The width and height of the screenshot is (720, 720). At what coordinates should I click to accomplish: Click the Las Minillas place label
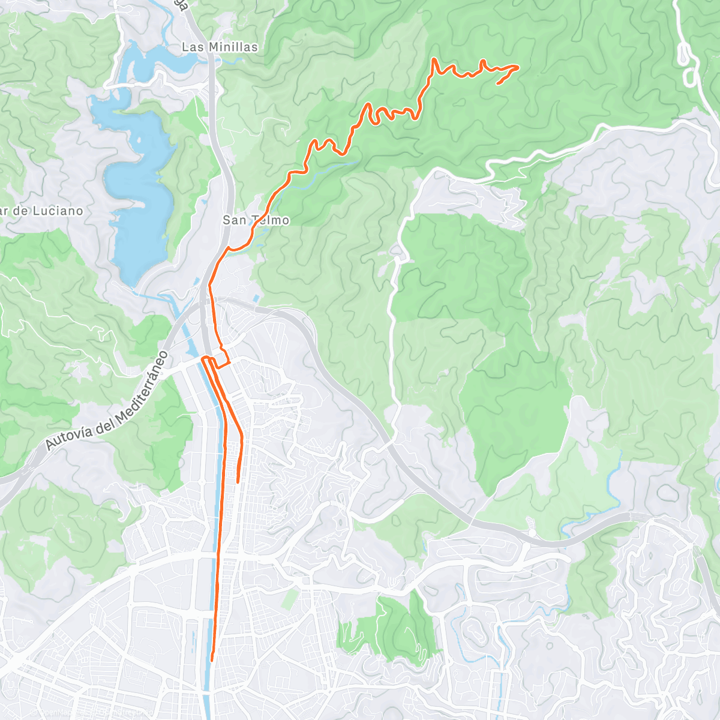(220, 47)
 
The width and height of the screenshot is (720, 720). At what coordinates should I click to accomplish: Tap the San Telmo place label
(256, 220)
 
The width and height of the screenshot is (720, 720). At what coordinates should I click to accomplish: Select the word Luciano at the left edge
(58, 211)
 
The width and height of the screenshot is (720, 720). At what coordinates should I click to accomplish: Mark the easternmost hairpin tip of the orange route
(517, 67)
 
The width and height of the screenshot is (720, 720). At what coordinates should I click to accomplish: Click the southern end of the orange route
(212, 660)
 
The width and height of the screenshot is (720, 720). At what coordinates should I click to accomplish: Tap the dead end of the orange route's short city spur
(238, 481)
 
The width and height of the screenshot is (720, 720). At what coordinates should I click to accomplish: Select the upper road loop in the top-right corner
(683, 55)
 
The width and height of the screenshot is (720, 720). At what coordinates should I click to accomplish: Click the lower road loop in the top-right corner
(690, 77)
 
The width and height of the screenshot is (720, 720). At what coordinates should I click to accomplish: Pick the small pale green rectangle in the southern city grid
(290, 600)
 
